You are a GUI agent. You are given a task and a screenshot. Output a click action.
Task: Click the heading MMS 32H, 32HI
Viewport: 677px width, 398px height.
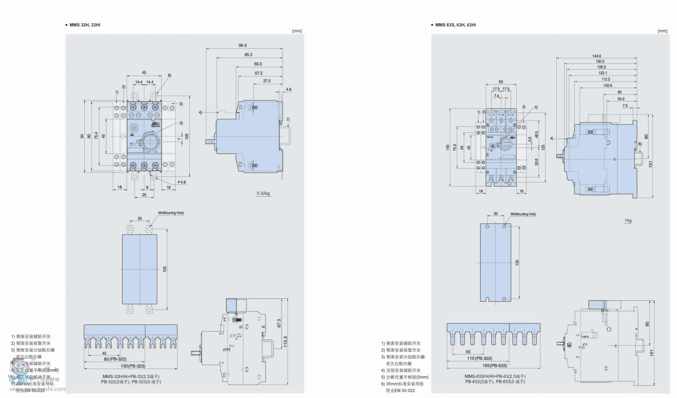coord(84,25)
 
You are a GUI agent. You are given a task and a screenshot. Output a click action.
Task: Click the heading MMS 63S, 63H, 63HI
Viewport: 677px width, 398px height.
coord(455,25)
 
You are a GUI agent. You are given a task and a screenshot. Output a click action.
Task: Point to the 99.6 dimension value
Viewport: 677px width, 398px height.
coord(242,46)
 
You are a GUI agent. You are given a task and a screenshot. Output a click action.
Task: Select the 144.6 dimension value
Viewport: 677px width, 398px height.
coord(596,56)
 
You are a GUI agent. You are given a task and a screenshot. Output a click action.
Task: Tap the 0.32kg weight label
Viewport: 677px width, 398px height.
coord(263,193)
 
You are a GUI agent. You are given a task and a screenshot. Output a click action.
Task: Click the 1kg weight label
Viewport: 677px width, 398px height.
coord(628,221)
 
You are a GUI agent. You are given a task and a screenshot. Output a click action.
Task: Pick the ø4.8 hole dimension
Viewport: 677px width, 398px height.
coord(181,182)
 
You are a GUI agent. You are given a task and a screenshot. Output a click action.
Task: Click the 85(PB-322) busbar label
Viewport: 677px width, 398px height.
coord(115,359)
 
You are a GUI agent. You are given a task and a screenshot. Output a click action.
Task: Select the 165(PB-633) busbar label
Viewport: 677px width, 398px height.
coord(495,366)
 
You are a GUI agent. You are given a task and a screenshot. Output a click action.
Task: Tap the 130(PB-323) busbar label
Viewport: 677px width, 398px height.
coord(133,366)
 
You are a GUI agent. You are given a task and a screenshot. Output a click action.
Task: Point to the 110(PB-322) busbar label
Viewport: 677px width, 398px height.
coord(479,358)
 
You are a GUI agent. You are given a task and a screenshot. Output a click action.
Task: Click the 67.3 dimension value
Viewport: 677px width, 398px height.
coord(279,323)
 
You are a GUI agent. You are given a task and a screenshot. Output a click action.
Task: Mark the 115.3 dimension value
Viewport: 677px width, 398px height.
coord(286,342)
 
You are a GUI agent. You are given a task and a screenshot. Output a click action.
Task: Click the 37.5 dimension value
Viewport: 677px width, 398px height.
coord(267,81)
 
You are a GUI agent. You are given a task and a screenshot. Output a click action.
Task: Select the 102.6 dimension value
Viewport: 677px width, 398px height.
coord(607,85)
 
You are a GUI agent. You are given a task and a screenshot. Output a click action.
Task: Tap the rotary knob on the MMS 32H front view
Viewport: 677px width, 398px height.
coord(149,142)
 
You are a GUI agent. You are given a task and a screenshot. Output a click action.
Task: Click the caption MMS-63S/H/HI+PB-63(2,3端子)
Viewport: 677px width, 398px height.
coord(495,376)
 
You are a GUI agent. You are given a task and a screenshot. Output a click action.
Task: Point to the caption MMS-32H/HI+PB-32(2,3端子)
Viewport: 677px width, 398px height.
coord(131,376)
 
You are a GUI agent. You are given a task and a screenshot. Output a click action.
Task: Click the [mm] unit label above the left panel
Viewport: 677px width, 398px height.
coord(297,31)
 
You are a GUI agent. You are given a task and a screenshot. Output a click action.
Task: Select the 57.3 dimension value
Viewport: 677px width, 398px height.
coord(259,73)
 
